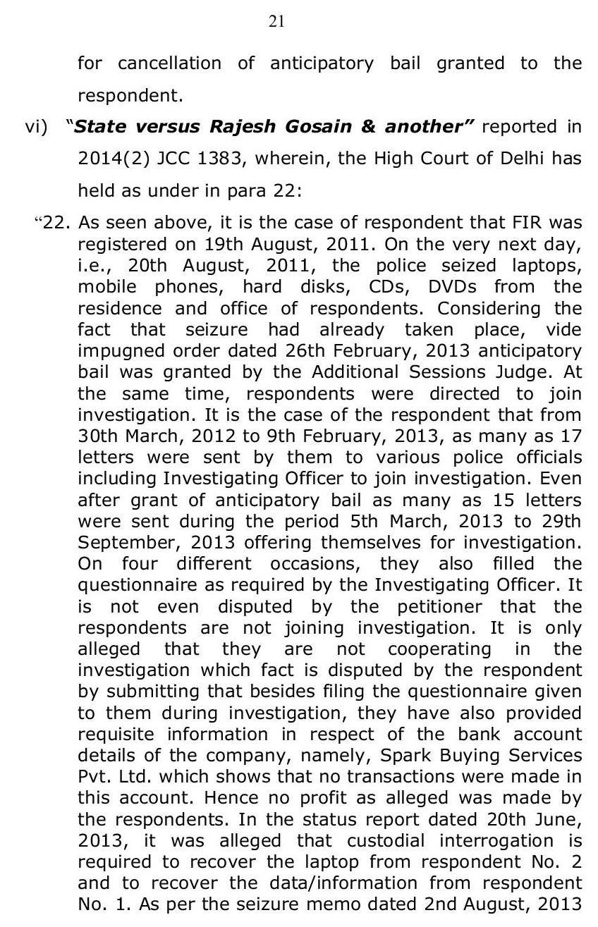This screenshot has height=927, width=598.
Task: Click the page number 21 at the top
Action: click(276, 23)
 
